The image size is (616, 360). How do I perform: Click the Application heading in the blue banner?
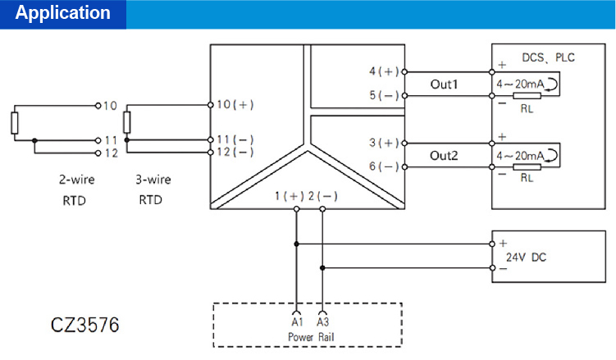[x=63, y=14]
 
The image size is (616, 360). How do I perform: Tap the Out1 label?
[x=444, y=84]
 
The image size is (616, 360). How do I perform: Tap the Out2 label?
[x=444, y=155]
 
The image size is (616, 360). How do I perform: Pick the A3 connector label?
[x=322, y=323]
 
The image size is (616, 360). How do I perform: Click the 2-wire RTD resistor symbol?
[x=14, y=123]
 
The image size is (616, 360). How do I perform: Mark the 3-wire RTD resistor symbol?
[x=126, y=122]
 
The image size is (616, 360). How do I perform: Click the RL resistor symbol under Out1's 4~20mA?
[x=524, y=97]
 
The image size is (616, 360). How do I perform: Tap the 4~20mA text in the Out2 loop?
[x=521, y=155]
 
